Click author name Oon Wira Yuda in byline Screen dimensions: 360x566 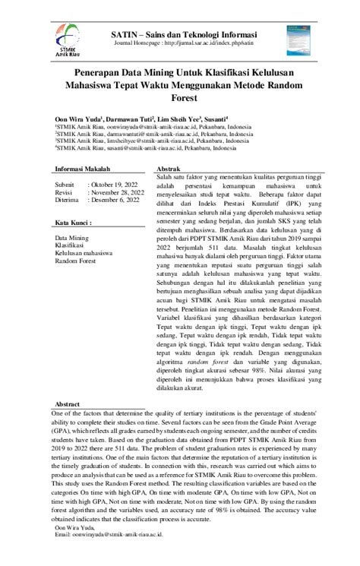[77, 120]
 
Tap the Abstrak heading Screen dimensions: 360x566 [168, 168]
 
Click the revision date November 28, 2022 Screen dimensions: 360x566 [118, 192]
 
